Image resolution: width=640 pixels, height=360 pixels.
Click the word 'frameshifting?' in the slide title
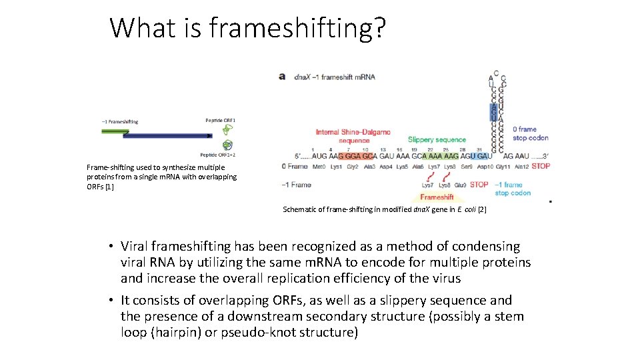click(297, 28)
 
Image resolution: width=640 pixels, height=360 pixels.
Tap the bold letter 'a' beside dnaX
click(282, 77)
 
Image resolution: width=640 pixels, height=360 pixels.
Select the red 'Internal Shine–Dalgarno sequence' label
click(345, 136)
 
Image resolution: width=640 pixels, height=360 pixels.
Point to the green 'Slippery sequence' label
click(437, 139)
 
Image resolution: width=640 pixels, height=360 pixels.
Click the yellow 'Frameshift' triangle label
click(437, 197)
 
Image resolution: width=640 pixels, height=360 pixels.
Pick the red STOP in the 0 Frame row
click(541, 166)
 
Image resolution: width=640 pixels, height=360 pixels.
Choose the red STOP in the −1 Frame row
click(479, 185)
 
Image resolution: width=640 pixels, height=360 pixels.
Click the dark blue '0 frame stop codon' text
click(528, 133)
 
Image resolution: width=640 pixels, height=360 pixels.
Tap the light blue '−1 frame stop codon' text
click(513, 189)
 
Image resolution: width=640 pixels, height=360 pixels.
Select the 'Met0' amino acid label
click(319, 166)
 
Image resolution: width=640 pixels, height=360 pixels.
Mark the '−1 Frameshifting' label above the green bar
click(120, 121)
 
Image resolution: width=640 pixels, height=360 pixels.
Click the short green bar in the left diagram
click(115, 131)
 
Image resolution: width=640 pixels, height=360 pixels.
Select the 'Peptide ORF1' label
click(220, 121)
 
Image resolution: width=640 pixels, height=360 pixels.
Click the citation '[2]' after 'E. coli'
click(482, 209)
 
